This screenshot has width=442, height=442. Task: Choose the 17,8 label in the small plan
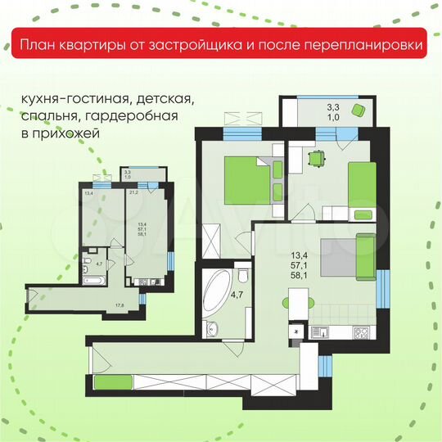[x=120, y=304]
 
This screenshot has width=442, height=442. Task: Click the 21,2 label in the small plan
[x=133, y=193]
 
